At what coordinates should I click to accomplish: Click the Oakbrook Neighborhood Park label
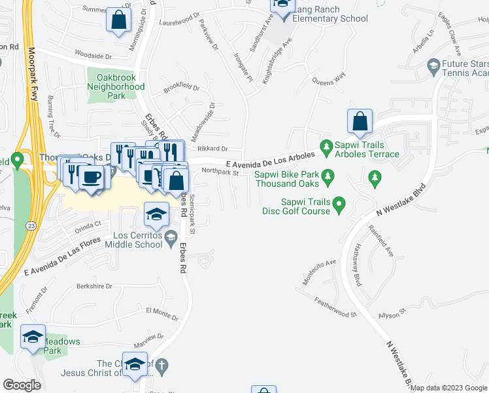116,86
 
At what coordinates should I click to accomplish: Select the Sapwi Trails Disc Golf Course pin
339,206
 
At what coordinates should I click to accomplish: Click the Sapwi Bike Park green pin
329,175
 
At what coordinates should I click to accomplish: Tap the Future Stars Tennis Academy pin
432,65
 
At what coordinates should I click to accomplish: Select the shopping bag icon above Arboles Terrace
360,121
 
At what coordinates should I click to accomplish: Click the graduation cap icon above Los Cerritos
156,214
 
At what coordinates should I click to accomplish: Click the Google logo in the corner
22,384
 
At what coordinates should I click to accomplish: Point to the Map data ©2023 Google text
448,388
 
